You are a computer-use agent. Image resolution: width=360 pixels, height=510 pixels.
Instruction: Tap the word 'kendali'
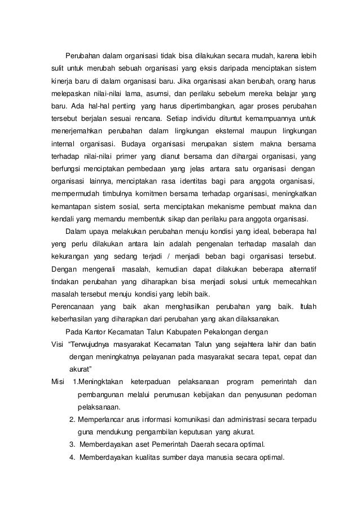click(x=58, y=219)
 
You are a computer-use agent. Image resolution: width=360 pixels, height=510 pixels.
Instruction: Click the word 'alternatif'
click(x=298, y=269)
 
